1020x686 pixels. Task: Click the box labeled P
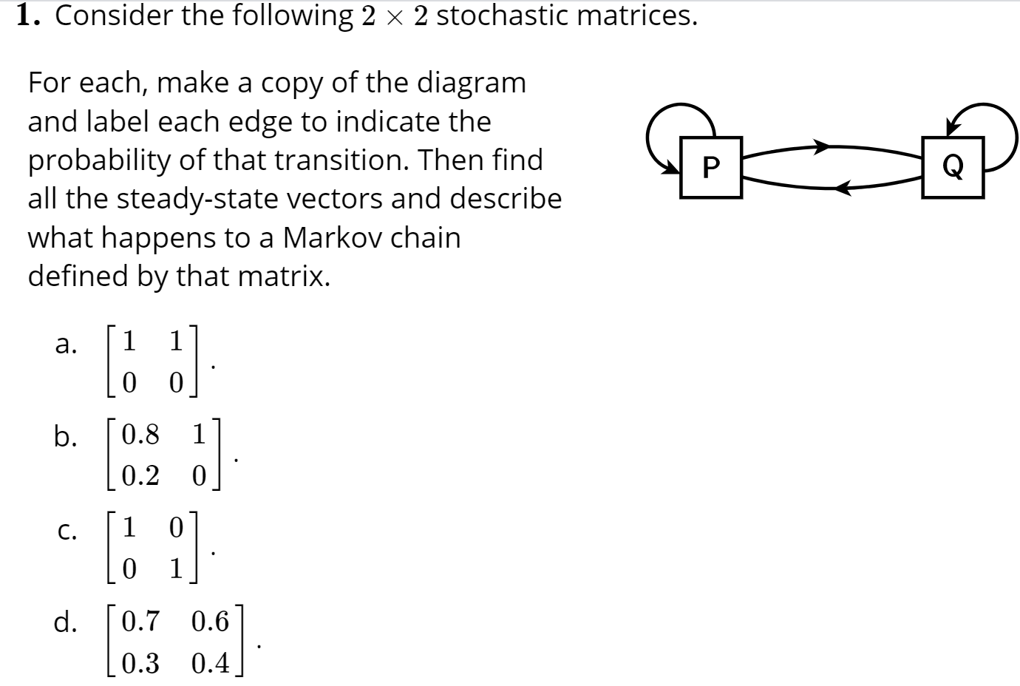coord(710,167)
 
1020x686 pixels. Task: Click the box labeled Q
coord(953,167)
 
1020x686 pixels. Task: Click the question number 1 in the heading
coord(27,15)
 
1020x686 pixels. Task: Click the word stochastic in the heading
coord(500,15)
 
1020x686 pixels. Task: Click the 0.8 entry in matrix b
coord(140,435)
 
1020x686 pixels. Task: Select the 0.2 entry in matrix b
coord(140,475)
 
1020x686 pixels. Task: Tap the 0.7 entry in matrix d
coord(140,621)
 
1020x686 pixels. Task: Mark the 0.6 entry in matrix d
coord(211,621)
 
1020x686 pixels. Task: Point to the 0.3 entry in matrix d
coord(140,663)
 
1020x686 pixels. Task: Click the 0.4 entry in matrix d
coord(211,663)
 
